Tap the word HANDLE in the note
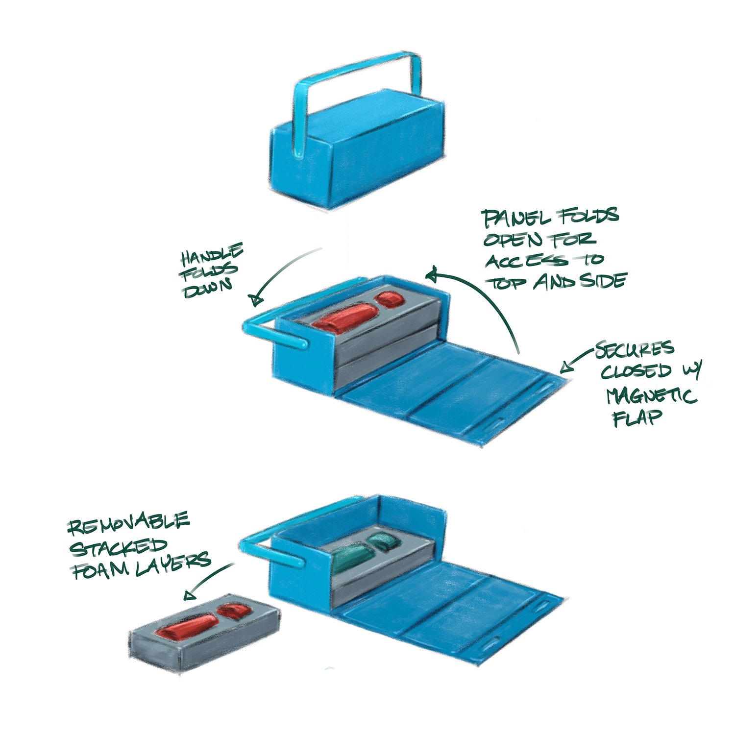coord(213,255)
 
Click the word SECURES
coord(635,349)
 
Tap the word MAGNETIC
coord(652,395)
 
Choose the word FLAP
coord(637,417)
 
